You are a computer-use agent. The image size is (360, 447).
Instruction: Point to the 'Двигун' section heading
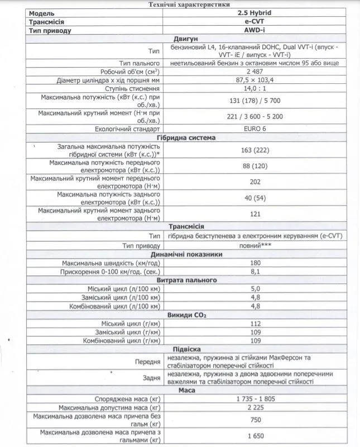pyautogui.click(x=186, y=39)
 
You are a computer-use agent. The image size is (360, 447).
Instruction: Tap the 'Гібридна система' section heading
pyautogui.click(x=186, y=137)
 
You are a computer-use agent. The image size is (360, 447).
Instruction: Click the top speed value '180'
pyautogui.click(x=256, y=263)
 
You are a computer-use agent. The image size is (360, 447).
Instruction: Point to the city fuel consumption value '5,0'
pyautogui.click(x=256, y=289)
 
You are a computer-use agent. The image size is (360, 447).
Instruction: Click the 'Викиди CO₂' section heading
pyautogui.click(x=186, y=315)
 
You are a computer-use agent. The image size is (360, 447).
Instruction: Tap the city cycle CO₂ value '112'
pyautogui.click(x=256, y=324)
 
